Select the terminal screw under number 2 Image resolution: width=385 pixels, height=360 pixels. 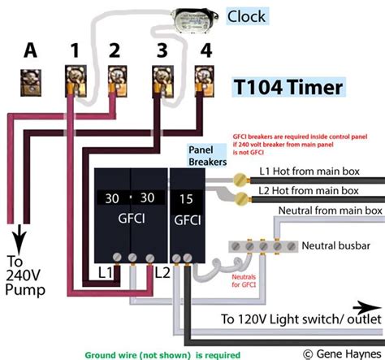click(117, 80)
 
